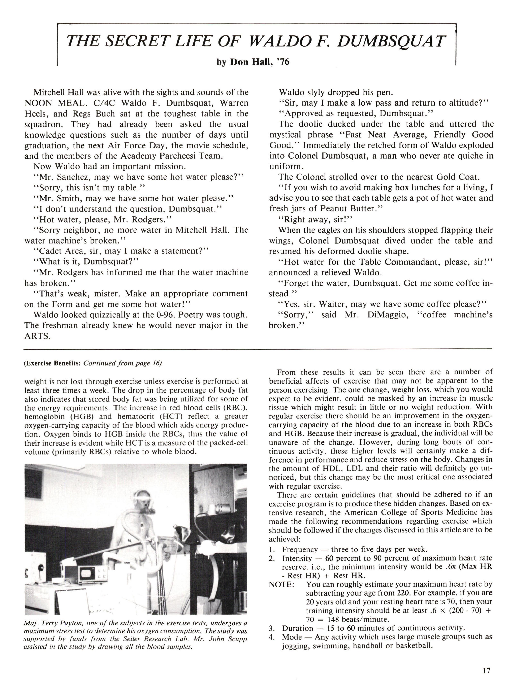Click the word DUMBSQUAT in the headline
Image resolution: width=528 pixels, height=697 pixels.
click(391, 41)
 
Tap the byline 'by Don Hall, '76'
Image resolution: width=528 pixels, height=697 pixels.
click(253, 62)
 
